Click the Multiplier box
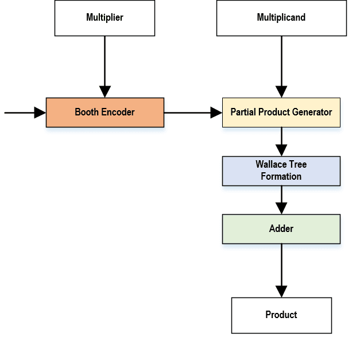[104, 18]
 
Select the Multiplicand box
[281, 18]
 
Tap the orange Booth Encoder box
[104, 113]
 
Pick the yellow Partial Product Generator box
[281, 113]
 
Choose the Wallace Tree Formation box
[281, 171]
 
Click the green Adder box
[281, 229]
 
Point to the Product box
[281, 315]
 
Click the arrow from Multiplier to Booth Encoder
[104, 66]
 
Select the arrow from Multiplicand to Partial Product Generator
[281, 66]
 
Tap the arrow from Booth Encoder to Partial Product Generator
[193, 113]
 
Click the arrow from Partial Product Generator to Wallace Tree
[281, 141]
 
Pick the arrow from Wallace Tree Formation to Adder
[281, 200]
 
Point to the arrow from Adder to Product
[281, 270]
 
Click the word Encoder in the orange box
[118, 113]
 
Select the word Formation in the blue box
[281, 176]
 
